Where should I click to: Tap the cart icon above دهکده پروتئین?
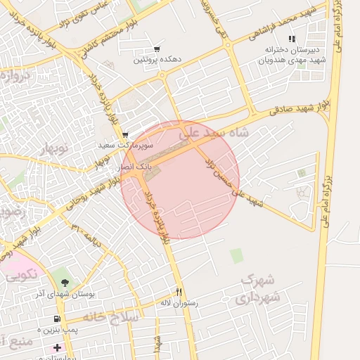(157, 49)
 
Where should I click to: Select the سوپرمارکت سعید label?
(122, 145)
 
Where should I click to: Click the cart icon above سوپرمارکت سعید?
(125, 134)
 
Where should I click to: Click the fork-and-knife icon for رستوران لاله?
(179, 292)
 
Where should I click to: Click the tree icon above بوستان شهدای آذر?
(74, 282)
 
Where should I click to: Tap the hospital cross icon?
(57, 347)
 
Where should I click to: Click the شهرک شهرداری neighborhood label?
(261, 289)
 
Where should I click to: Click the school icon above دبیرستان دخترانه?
(292, 39)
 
